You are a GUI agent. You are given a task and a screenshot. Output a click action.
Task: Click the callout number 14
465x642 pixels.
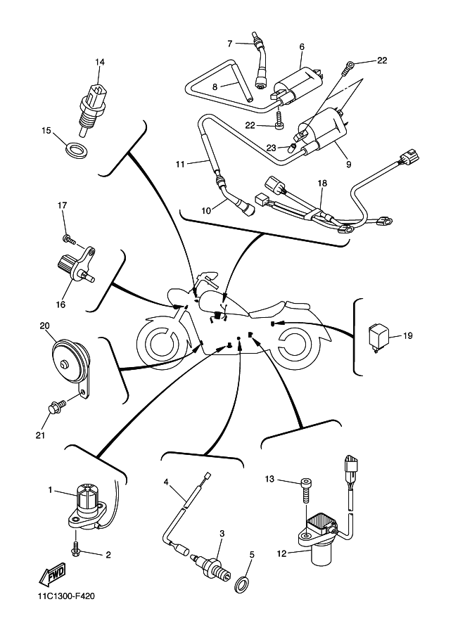coord(100,63)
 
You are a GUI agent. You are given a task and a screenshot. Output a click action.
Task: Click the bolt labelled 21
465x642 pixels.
coord(55,406)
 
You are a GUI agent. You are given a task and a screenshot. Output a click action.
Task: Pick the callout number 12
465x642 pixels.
coord(281,553)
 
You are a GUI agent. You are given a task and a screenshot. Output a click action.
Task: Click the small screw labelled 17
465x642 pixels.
coord(67,237)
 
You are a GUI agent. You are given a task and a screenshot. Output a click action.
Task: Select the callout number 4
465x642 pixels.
coord(167,482)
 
